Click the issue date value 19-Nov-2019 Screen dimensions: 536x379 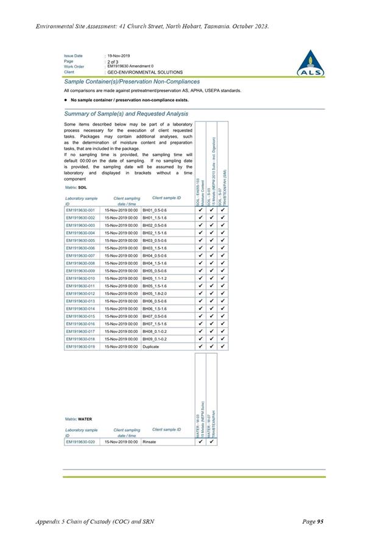point(122,55)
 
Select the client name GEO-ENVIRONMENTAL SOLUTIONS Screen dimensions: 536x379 point(144,72)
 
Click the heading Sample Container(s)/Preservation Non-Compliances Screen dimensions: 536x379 point(132,82)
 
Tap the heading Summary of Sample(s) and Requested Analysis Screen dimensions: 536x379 point(126,113)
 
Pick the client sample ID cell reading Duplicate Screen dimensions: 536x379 point(151,346)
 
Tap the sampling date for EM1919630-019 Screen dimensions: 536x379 point(121,346)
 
